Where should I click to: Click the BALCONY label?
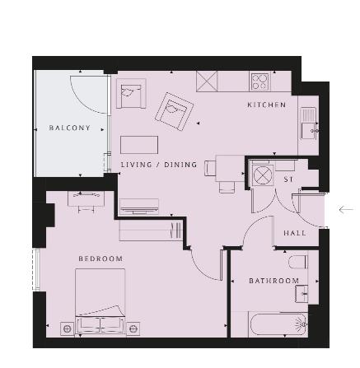pyautogui.click(x=69, y=128)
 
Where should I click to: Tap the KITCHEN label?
pyautogui.click(x=267, y=105)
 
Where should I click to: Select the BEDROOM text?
pyautogui.click(x=101, y=259)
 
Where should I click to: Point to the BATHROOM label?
pyautogui.click(x=274, y=281)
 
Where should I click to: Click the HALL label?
pyautogui.click(x=295, y=233)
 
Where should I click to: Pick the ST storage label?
pyautogui.click(x=288, y=179)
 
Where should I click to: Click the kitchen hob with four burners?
pyautogui.click(x=259, y=82)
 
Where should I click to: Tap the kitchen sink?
pyautogui.click(x=308, y=123)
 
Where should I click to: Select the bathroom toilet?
pyautogui.click(x=298, y=262)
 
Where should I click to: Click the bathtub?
pyautogui.click(x=278, y=324)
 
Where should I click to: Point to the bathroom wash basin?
pyautogui.click(x=302, y=294)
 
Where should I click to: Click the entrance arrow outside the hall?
pyautogui.click(x=346, y=210)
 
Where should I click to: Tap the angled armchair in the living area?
pyautogui.click(x=174, y=112)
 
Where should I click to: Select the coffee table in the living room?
pyautogui.click(x=139, y=145)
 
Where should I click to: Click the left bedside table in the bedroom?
pyautogui.click(x=67, y=328)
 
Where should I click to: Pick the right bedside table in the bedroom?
pyautogui.click(x=133, y=328)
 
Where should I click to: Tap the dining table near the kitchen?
pyautogui.click(x=230, y=168)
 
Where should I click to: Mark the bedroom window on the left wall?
pyautogui.click(x=36, y=269)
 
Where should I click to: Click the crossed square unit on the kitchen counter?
pyautogui.click(x=207, y=82)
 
